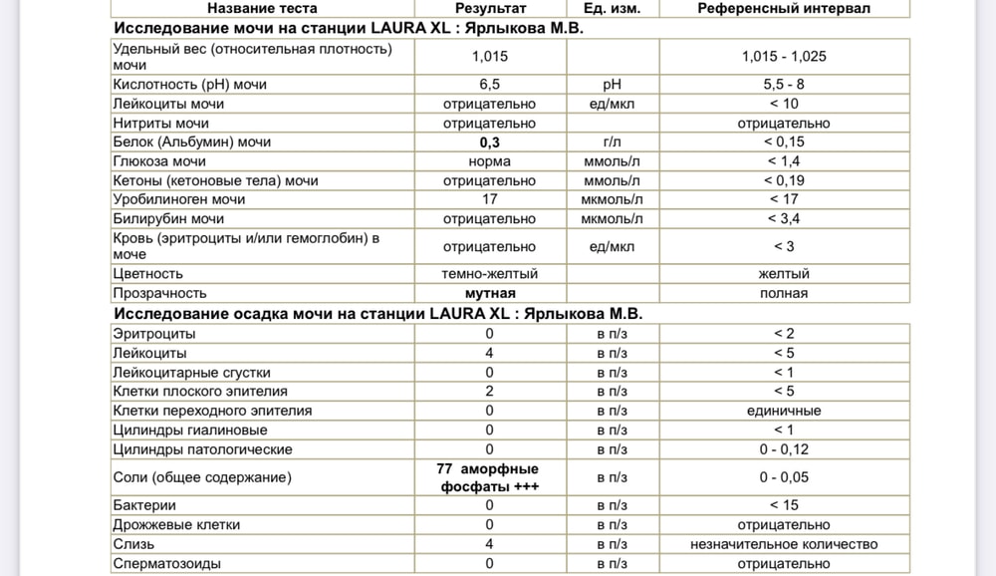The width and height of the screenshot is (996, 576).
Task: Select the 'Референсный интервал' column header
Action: tap(784, 8)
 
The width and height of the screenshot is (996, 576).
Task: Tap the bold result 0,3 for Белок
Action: tap(489, 143)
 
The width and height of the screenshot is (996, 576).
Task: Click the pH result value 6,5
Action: tap(489, 85)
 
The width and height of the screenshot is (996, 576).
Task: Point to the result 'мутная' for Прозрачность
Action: tap(489, 293)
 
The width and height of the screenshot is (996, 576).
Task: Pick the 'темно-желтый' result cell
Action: tap(489, 273)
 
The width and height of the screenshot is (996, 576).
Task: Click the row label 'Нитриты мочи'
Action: tap(161, 124)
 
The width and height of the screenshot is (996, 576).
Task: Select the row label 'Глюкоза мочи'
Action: tap(160, 161)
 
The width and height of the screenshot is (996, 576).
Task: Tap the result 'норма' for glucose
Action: tap(489, 161)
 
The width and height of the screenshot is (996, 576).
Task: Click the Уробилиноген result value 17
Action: tap(489, 199)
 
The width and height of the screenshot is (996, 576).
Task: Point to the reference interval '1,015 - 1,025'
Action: tap(784, 56)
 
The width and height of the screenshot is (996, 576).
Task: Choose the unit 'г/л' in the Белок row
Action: tap(613, 143)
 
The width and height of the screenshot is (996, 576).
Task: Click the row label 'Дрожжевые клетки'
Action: tap(177, 525)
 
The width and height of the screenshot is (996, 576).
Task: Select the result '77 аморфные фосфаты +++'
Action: tap(489, 477)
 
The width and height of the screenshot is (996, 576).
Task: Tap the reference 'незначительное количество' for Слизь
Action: tap(784, 544)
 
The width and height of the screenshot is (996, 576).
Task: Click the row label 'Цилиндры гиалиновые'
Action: tap(190, 431)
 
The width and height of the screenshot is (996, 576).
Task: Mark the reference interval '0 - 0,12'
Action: tap(784, 449)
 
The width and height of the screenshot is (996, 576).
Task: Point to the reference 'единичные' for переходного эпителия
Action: tap(784, 411)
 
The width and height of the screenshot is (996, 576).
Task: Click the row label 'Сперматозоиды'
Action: tap(167, 564)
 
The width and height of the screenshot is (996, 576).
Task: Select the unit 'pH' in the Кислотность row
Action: tap(613, 85)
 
